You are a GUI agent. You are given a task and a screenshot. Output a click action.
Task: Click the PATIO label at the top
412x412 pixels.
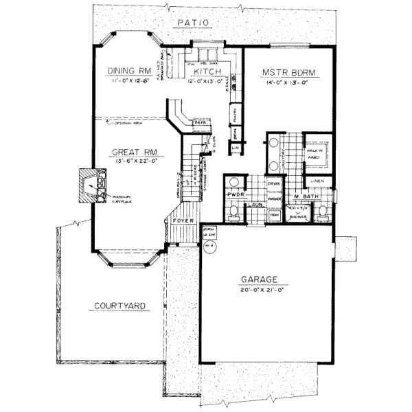[x=193, y=23]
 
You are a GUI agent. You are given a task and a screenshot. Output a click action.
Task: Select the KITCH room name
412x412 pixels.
[x=206, y=71]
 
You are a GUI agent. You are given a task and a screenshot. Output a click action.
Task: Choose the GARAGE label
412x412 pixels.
[x=258, y=279]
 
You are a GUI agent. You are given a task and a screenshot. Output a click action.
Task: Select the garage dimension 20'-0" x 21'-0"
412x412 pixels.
[x=258, y=290]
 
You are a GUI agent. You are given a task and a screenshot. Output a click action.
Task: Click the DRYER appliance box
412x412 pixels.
[x=273, y=185]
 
